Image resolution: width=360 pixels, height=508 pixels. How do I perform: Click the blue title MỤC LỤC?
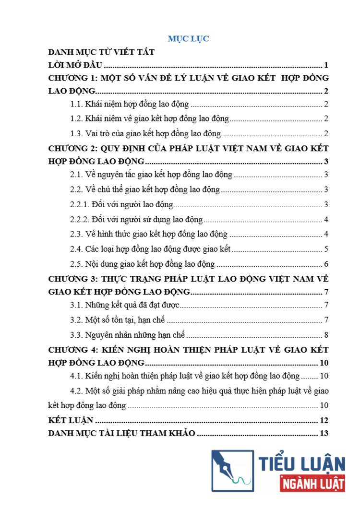click(x=188, y=39)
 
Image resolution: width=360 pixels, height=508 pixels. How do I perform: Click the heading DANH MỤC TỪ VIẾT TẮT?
click(x=101, y=52)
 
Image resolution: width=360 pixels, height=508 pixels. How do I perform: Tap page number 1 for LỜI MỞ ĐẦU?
click(x=326, y=66)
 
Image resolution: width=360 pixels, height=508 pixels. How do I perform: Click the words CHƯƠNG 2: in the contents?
click(x=73, y=148)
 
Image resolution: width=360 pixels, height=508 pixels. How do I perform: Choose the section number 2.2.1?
click(x=80, y=205)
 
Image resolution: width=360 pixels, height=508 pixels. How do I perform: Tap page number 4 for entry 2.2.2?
click(x=326, y=220)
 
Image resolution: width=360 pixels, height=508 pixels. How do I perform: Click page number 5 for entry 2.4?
click(x=326, y=249)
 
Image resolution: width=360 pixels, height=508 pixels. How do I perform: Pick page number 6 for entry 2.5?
click(x=326, y=264)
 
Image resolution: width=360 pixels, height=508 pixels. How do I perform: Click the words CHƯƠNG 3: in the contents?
click(x=73, y=278)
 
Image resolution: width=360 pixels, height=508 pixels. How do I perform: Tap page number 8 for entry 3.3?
click(x=326, y=335)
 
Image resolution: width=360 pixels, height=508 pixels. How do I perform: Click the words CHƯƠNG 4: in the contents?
click(x=73, y=349)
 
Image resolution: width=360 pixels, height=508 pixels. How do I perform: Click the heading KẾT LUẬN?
click(x=71, y=421)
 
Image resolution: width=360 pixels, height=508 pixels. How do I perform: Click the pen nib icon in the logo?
click(x=232, y=470)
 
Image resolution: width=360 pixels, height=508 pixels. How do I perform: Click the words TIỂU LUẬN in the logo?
click(x=302, y=463)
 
